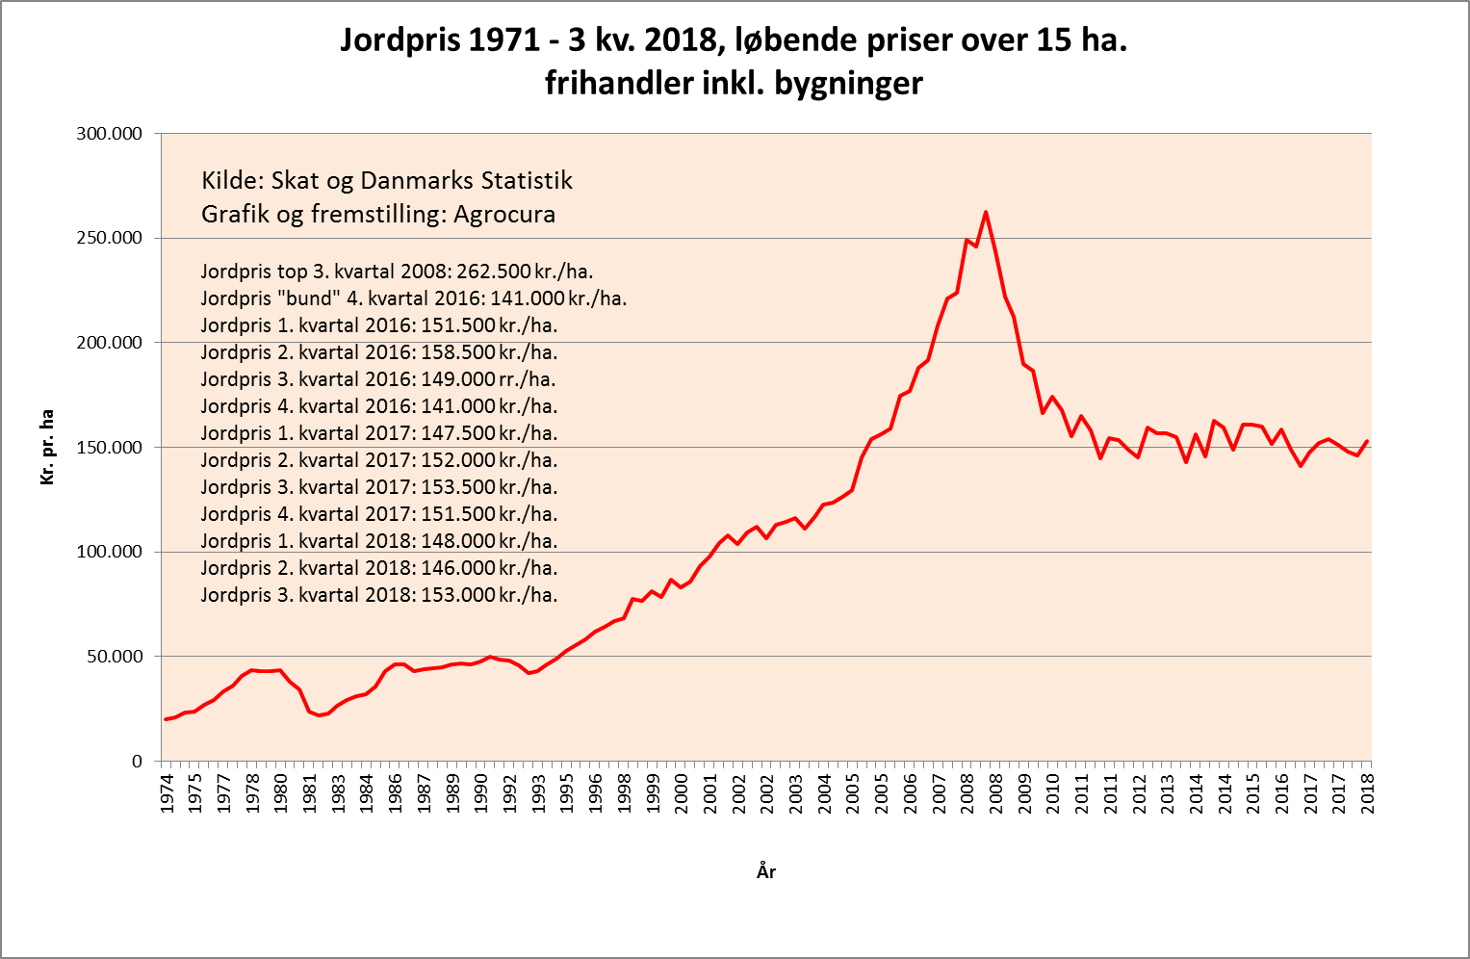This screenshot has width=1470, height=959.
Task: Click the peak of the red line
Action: pos(986,213)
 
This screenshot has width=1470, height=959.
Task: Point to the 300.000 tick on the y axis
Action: pos(109,134)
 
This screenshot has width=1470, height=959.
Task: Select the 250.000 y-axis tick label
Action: pos(109,238)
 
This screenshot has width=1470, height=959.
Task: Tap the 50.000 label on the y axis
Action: pos(114,657)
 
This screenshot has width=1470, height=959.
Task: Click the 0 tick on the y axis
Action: pos(137,762)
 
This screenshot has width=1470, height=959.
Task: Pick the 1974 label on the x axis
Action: pos(167,793)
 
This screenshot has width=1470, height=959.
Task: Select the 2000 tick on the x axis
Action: pos(682,793)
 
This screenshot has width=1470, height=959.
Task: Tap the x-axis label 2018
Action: pos(1367,793)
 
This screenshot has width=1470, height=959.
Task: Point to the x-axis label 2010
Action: pos(1053,793)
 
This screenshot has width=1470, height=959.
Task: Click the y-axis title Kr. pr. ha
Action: pos(47,447)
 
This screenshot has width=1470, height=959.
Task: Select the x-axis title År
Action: pos(766,872)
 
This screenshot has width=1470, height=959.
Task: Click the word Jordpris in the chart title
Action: pos(400,40)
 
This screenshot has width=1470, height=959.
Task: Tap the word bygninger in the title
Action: pos(848,84)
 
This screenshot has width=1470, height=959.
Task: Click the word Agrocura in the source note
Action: pos(504,214)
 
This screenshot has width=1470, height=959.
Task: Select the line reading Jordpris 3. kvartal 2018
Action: pos(379,595)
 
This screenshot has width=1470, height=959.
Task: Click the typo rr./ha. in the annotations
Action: pos(528,379)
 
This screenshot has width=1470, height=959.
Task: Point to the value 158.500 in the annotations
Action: pos(458,352)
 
